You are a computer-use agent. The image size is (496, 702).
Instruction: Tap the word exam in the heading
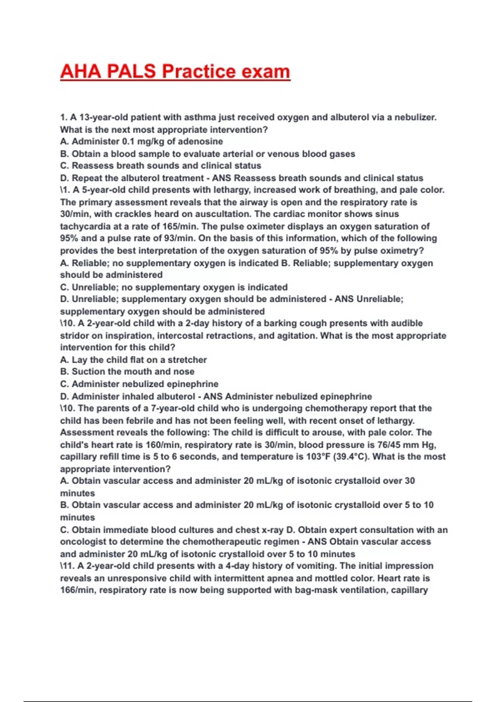266,71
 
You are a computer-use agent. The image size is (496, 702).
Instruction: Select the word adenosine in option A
200,142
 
